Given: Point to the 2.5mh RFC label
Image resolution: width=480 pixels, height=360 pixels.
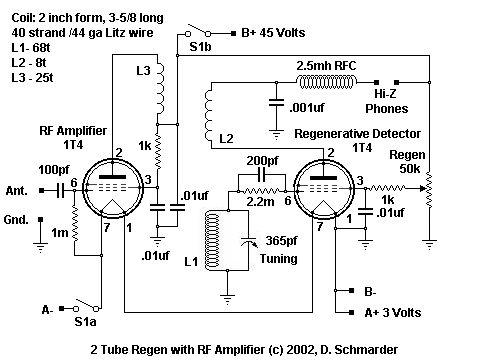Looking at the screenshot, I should tap(326, 66).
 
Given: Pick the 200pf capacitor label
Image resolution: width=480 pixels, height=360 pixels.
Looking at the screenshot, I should tap(263, 162).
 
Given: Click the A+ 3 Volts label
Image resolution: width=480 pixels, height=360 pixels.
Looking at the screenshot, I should tap(391, 313).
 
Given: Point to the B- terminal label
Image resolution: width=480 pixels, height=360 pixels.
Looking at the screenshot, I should tap(372, 293).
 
